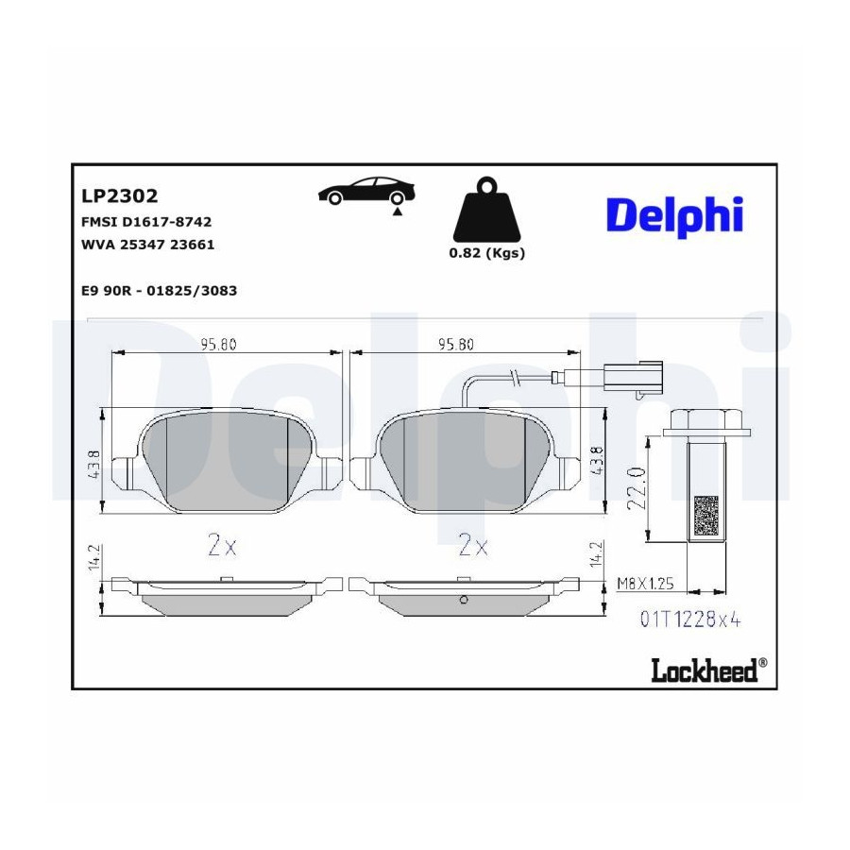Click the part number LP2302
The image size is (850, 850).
tap(119, 195)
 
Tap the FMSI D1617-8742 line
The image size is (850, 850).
tap(146, 222)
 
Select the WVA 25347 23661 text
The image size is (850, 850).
tap(147, 245)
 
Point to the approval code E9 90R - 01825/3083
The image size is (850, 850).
tap(159, 291)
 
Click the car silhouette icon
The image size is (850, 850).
tap(366, 192)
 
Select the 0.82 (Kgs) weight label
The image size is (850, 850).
tap(486, 252)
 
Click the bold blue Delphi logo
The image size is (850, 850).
tap(674, 215)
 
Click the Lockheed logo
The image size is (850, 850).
tap(708, 670)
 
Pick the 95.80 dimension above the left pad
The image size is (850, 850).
tap(218, 344)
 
